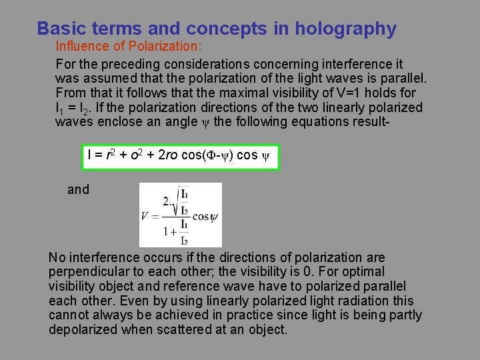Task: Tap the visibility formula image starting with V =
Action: pos(180,215)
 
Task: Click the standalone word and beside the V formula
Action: pos(78,189)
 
